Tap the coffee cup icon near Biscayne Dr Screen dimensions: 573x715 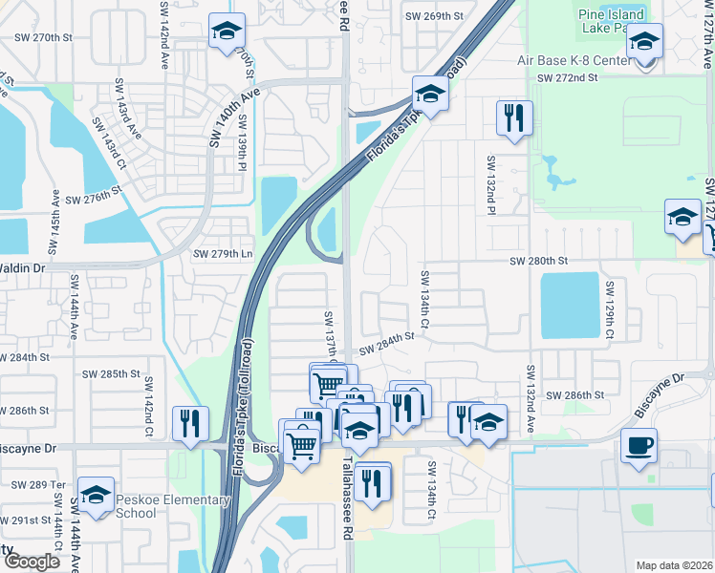pos(639,445)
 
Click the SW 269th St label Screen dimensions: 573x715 pos(433,16)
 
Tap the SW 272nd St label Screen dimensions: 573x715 pos(567,77)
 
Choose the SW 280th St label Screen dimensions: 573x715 pos(538,261)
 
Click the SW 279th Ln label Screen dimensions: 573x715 pos(223,254)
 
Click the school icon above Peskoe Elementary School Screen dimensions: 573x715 pos(97,495)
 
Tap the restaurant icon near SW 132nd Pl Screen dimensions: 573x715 pos(514,118)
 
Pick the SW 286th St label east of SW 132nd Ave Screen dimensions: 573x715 pos(575,394)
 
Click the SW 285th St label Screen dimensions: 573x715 pos(111,373)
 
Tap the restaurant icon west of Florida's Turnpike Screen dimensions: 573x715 pos(189,423)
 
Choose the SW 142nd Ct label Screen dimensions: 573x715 pos(149,408)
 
